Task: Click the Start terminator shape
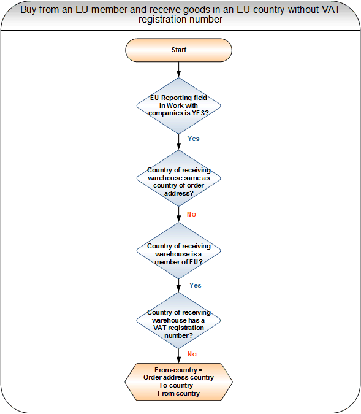178,50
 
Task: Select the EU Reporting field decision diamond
178,105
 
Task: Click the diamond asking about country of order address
178,178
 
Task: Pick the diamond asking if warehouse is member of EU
178,251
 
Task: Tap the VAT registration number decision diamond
178,321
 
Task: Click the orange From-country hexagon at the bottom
178,381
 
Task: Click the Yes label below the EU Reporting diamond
194,139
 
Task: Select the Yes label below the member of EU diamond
196,285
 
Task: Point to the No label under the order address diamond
192,214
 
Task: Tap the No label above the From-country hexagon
192,354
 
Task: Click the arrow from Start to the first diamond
178,70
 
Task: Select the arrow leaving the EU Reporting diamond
178,142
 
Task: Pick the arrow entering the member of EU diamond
178,215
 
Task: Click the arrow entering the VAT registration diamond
178,286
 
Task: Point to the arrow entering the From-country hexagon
178,356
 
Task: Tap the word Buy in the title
28,10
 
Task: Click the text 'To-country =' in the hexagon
178,386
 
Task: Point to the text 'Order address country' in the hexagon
178,378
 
